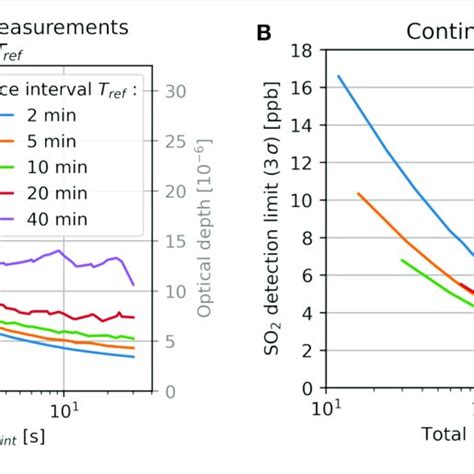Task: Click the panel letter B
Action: pos(264,33)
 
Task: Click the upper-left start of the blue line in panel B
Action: pos(338,76)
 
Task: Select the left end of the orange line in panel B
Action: pos(358,193)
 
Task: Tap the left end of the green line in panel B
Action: pos(402,260)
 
